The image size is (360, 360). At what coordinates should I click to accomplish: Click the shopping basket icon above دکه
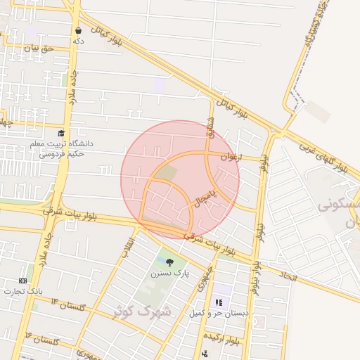point(78,30)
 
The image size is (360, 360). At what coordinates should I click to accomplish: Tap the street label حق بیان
point(37,48)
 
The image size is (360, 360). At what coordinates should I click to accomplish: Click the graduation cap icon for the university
point(61,133)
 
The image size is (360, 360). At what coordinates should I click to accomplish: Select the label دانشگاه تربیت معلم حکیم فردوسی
point(61,148)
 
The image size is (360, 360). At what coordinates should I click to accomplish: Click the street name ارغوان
point(230,157)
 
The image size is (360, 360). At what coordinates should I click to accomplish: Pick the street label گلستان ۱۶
point(42,339)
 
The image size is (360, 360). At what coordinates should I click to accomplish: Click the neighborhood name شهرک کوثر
point(146,310)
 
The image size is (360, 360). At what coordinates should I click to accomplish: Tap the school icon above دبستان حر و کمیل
point(218,302)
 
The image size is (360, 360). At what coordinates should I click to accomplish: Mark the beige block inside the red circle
point(167,172)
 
